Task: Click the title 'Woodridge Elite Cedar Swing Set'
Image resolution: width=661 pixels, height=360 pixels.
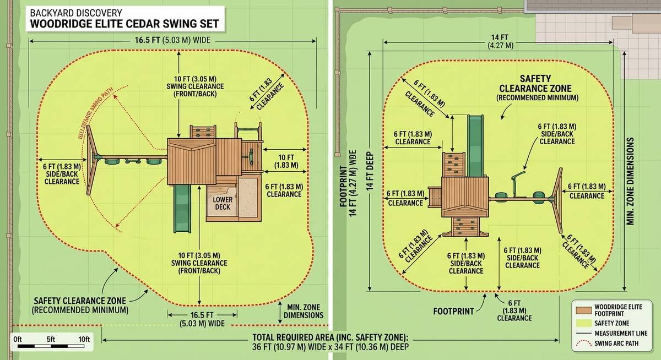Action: pyautogui.click(x=124, y=24)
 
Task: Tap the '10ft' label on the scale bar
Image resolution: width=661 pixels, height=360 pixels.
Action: pyautogui.click(x=84, y=339)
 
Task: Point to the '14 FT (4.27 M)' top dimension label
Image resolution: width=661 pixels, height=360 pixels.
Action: pyautogui.click(x=500, y=41)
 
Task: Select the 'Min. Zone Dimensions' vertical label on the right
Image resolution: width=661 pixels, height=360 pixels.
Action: pyautogui.click(x=631, y=181)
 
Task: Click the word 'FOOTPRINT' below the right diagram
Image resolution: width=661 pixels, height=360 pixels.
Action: pyautogui.click(x=453, y=311)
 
